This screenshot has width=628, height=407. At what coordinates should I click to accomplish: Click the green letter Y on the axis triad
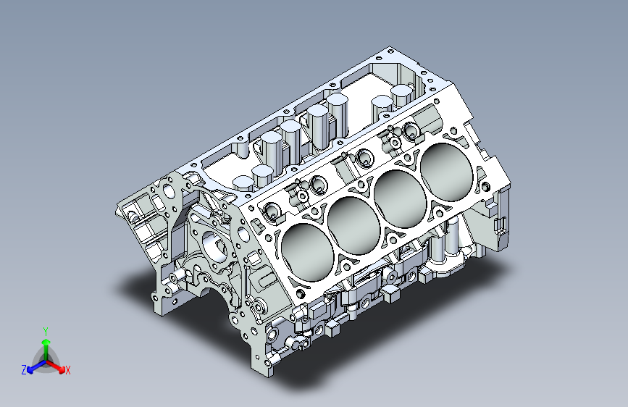click(46, 330)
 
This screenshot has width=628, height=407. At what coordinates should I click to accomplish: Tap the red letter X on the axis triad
click(68, 371)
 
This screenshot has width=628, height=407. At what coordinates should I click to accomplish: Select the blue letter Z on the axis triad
click(24, 370)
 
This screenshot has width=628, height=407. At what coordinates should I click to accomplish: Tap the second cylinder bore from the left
click(353, 222)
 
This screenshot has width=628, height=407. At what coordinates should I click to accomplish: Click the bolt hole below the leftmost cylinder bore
click(298, 294)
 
